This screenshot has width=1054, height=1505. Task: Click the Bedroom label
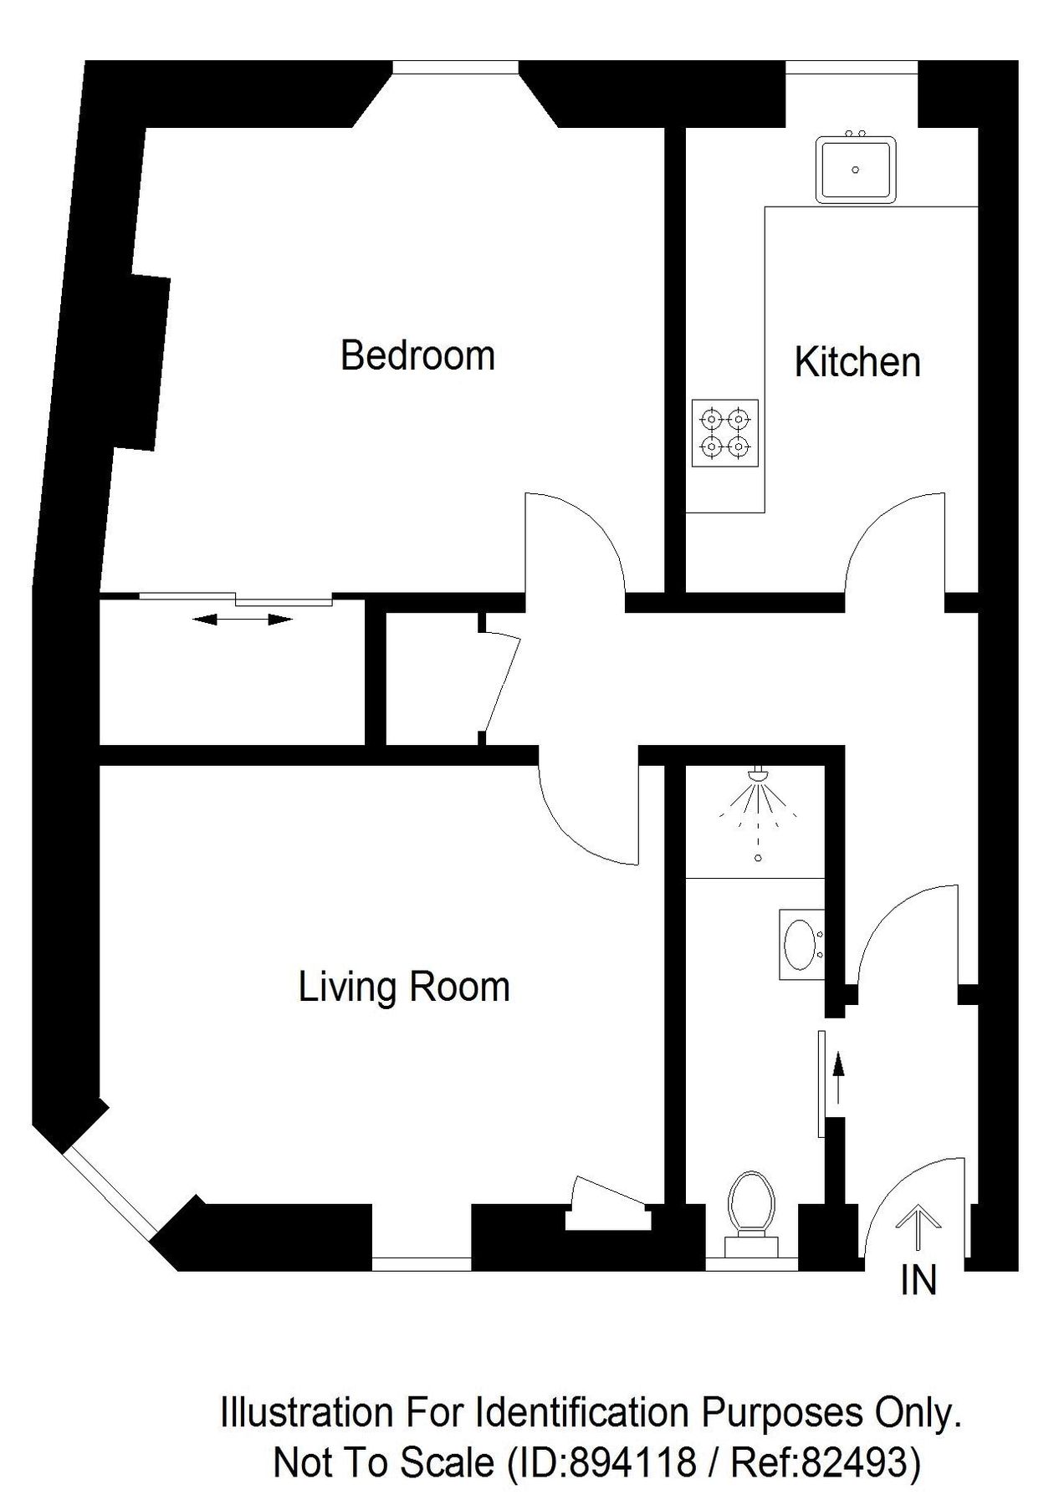coord(417,355)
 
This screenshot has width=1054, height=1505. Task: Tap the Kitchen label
coord(857,362)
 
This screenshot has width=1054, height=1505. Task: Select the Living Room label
coord(404,987)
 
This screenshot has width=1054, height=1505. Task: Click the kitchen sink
coord(856,170)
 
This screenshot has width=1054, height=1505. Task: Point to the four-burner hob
coord(724,433)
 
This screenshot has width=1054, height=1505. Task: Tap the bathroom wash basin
coord(801,944)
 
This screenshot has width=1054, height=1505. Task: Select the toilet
coord(750,1205)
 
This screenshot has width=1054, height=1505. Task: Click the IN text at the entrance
coord(918,1280)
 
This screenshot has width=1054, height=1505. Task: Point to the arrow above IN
coord(918,1226)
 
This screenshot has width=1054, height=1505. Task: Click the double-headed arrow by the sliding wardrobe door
coord(243,620)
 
